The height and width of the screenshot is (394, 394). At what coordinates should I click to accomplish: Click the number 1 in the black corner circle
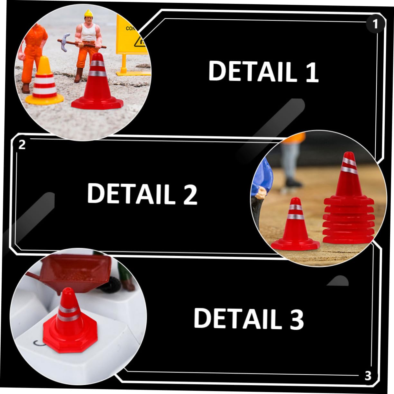pos(375,24)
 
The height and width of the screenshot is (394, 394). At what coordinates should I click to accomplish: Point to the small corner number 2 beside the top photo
pos(22,145)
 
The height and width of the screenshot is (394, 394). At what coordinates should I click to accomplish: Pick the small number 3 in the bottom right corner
pos(368,376)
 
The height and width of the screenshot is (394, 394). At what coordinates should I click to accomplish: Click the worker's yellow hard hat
pos(88,14)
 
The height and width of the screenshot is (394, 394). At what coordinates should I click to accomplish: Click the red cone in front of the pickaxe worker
pos(98,84)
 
